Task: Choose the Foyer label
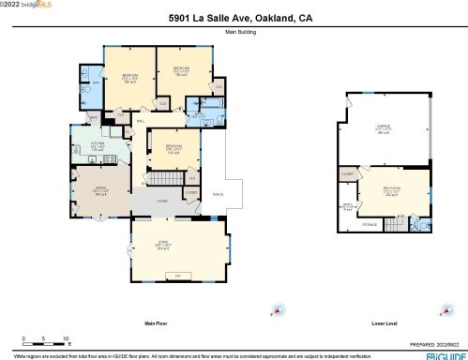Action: pyautogui.click(x=161, y=200)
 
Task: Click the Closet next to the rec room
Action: pyautogui.click(x=347, y=173)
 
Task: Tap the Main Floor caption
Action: pyautogui.click(x=156, y=323)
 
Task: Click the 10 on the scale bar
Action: pyautogui.click(x=65, y=337)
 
